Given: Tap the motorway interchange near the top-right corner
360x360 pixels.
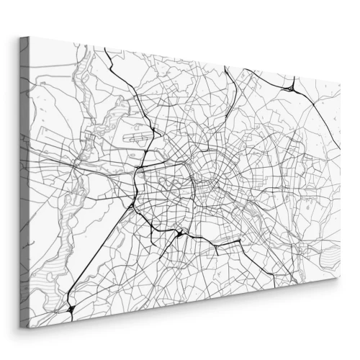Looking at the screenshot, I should point(290,88).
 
